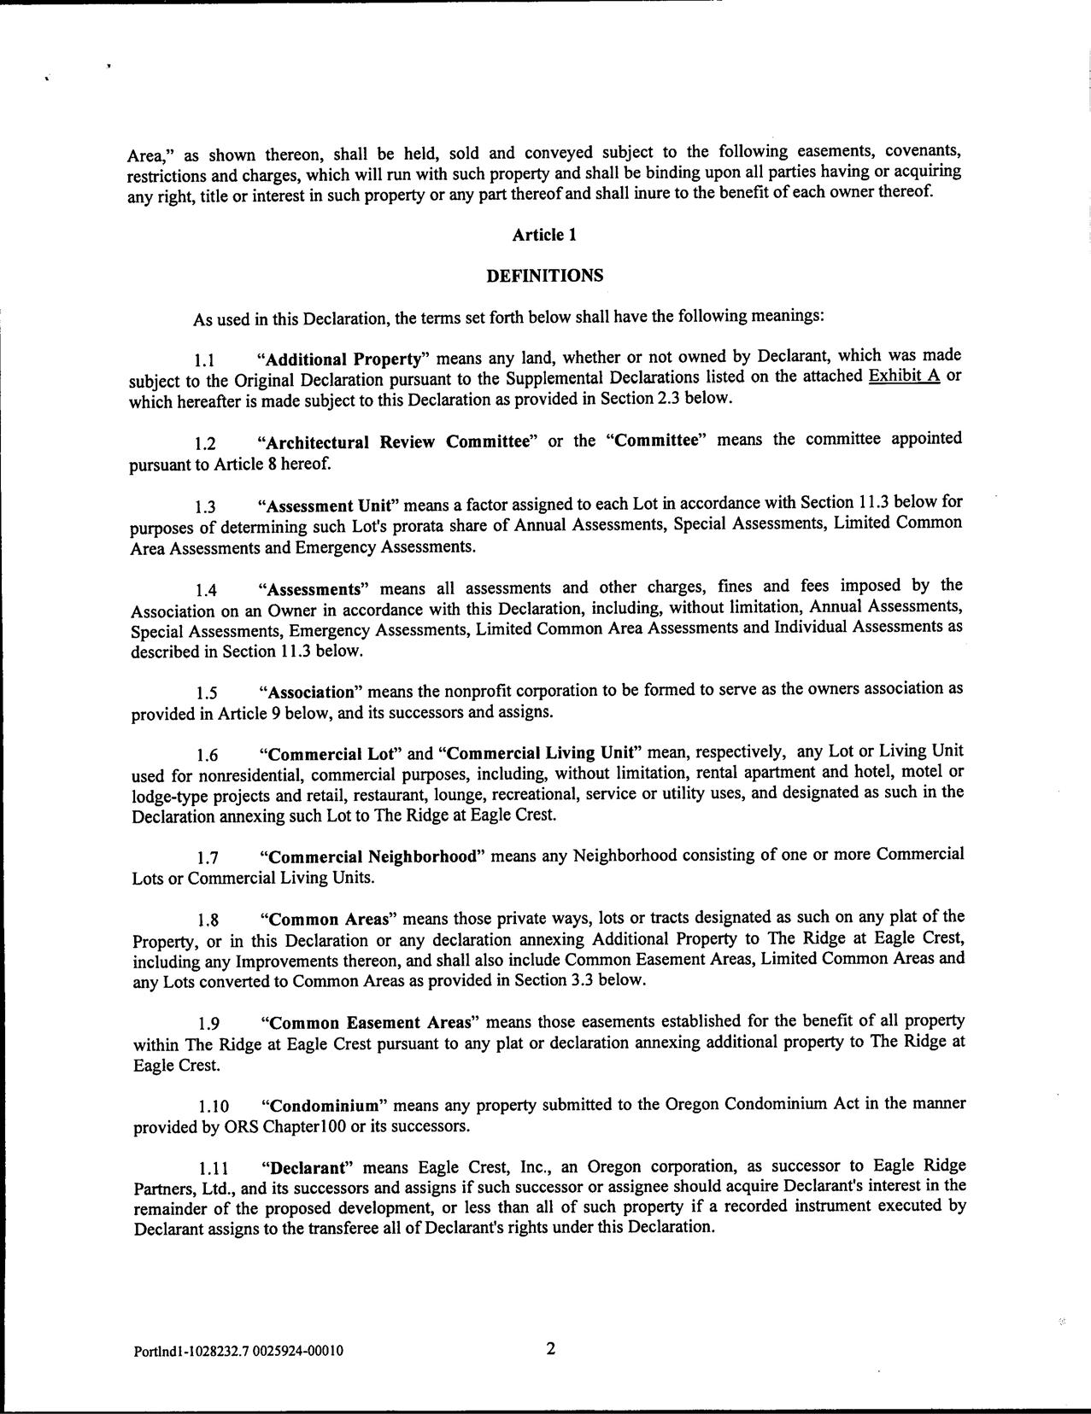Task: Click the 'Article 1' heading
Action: [x=544, y=235]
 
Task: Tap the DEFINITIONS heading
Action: [x=544, y=276]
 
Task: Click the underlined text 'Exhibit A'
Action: [x=904, y=377]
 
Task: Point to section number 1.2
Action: [x=205, y=443]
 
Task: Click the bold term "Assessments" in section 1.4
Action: [x=314, y=588]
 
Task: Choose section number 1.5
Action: [x=206, y=692]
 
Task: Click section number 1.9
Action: [x=207, y=1024]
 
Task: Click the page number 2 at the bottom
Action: [x=550, y=1349]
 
